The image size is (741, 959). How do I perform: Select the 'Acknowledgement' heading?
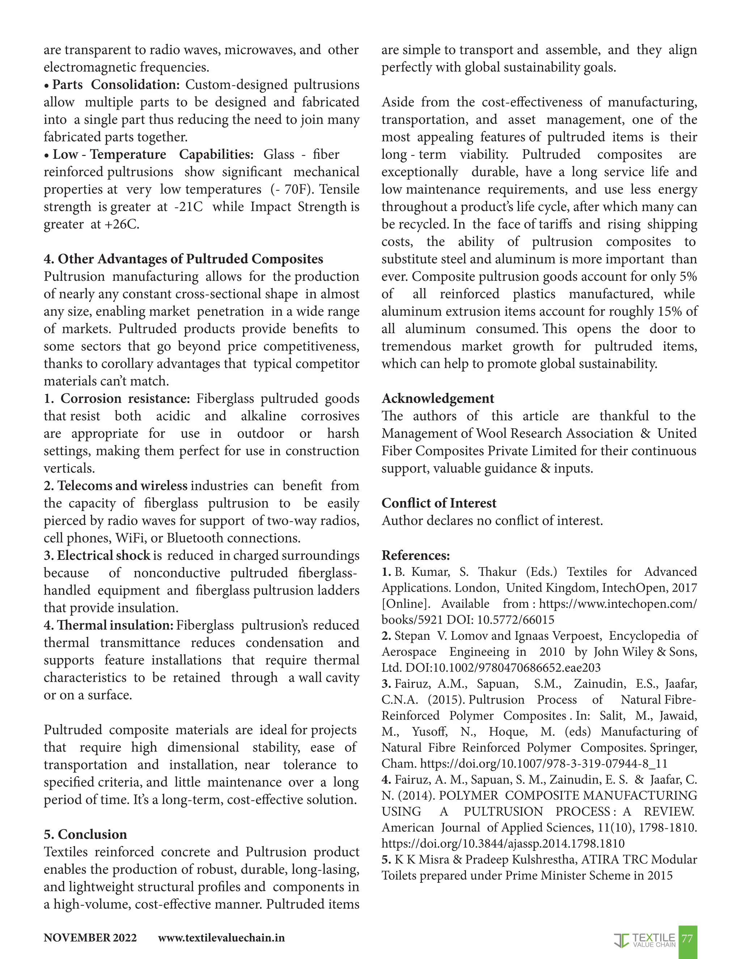pyautogui.click(x=438, y=398)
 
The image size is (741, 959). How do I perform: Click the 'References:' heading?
pyautogui.click(x=415, y=555)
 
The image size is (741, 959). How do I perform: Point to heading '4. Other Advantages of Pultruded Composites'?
pyautogui.click(x=183, y=259)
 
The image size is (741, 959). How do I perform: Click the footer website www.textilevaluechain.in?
pyautogui.click(x=221, y=938)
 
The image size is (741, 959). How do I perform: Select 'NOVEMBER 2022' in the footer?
pyautogui.click(x=90, y=938)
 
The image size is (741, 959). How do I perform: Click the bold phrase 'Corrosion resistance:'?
pyautogui.click(x=125, y=398)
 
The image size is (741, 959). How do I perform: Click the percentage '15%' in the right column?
pyautogui.click(x=669, y=311)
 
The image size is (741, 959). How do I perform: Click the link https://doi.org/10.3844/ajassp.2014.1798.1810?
pyautogui.click(x=503, y=843)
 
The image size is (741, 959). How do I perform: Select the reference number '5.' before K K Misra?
pyautogui.click(x=386, y=859)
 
